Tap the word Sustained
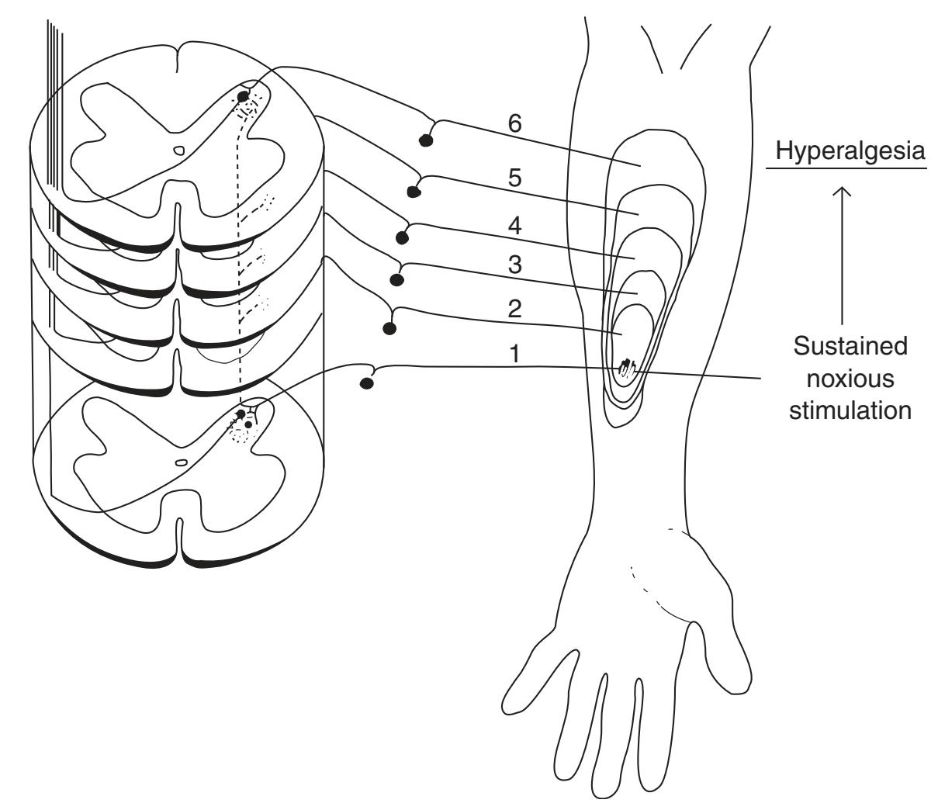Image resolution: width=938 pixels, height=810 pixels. point(849,346)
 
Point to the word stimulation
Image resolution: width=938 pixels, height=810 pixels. point(850,410)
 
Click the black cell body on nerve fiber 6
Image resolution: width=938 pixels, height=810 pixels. point(425,140)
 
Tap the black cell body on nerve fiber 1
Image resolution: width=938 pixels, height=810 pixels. point(367,382)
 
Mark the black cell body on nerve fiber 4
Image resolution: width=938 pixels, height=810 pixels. point(402,237)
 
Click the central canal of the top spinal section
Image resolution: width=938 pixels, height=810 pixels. point(178,152)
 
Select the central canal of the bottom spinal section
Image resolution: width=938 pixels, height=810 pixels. point(181,462)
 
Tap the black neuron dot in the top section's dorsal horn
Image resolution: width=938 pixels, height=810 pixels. point(243,96)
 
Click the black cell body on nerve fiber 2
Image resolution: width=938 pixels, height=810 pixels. point(390,328)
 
